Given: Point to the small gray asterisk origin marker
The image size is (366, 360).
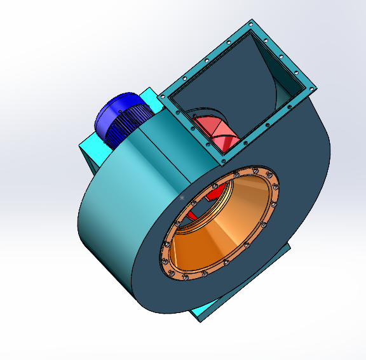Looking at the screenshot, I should (182, 198).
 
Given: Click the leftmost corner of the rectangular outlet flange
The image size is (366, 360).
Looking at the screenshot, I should (161, 97).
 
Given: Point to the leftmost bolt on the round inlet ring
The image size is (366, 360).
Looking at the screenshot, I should (164, 244).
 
